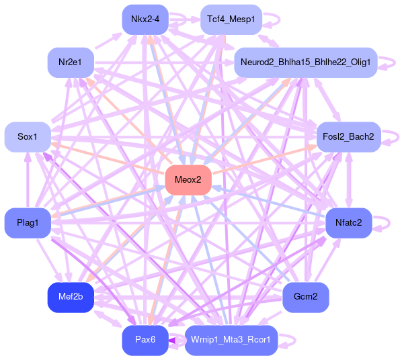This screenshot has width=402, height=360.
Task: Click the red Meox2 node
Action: point(188,180)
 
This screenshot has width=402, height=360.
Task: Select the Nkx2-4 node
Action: point(145,19)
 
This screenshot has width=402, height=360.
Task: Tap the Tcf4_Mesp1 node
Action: point(231,19)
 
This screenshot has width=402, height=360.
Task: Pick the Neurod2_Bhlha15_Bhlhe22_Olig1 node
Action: point(306,62)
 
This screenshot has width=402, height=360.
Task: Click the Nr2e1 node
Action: point(71,62)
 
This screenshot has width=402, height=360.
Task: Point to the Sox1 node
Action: point(28,137)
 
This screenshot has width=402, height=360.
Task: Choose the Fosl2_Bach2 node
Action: point(349,137)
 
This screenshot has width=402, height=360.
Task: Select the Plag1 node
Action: point(28,223)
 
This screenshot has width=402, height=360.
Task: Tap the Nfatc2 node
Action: point(349,223)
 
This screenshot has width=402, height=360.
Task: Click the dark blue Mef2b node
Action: point(71,298)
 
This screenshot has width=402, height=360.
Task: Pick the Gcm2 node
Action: point(306,298)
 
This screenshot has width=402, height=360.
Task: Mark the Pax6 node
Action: point(145,341)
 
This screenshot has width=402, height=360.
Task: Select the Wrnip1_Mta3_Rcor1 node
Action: point(231,341)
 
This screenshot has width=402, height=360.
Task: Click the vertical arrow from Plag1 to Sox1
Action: point(28,180)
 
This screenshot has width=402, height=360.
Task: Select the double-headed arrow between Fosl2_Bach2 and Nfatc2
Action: point(349,180)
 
